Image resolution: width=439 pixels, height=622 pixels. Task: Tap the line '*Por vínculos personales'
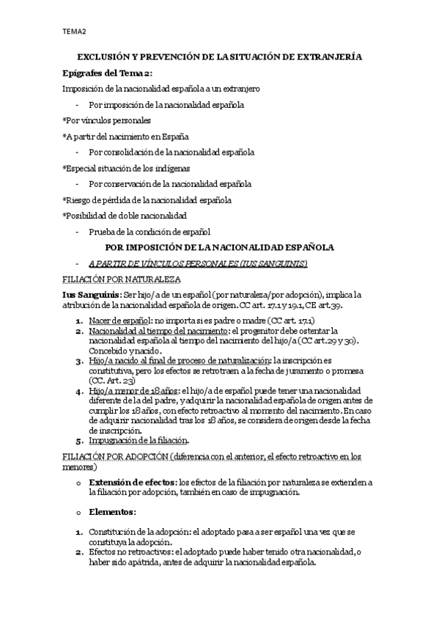coord(106,120)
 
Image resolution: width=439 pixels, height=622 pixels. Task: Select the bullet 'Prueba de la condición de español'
coord(149,232)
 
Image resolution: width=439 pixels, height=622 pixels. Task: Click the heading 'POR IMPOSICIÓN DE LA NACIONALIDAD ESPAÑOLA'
coord(220,248)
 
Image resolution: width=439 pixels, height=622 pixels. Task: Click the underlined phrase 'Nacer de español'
coord(119,321)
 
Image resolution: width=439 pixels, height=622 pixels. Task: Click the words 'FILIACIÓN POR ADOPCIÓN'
coord(114,457)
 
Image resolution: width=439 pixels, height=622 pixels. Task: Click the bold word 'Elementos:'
coord(112,511)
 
